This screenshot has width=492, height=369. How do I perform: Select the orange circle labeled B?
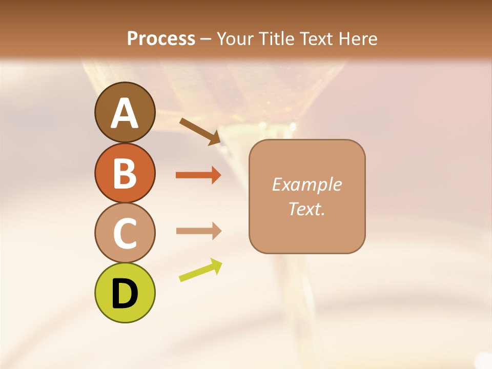click(125, 173)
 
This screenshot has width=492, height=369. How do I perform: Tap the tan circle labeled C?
click(125, 233)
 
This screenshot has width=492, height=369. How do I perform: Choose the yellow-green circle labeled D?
click(125, 293)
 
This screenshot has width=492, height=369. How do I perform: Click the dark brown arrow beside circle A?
click(200, 131)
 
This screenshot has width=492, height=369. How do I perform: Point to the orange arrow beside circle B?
click(198, 175)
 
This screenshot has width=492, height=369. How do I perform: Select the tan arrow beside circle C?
click(198, 231)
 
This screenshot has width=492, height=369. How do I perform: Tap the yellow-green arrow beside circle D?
click(200, 270)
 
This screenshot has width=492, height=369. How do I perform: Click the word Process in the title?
click(161, 38)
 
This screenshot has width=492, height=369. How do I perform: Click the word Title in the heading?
click(276, 38)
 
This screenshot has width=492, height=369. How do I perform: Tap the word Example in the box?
click(306, 184)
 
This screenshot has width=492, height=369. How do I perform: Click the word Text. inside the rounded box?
click(306, 209)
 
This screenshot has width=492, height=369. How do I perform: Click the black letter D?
click(125, 294)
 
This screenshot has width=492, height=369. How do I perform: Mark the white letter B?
click(125, 173)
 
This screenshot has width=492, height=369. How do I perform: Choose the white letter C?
click(125, 233)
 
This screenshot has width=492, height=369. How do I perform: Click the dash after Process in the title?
click(206, 39)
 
